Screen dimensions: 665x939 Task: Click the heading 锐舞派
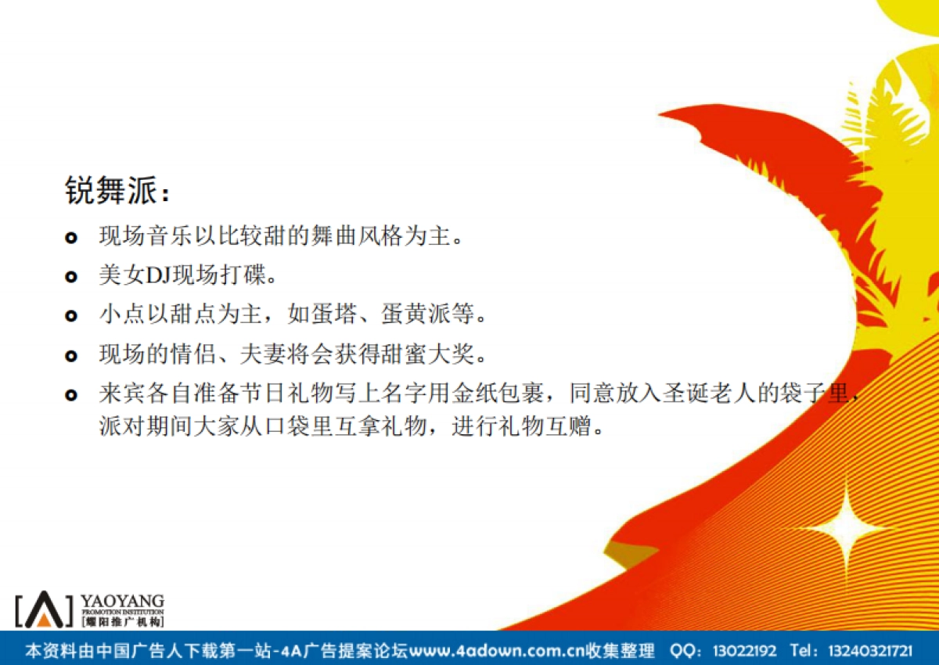(111, 191)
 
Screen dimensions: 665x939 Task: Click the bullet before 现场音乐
(71, 237)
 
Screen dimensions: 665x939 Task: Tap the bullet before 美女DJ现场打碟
(71, 277)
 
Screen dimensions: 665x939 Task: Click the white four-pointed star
(846, 529)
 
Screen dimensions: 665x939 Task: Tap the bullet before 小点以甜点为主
(71, 316)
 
